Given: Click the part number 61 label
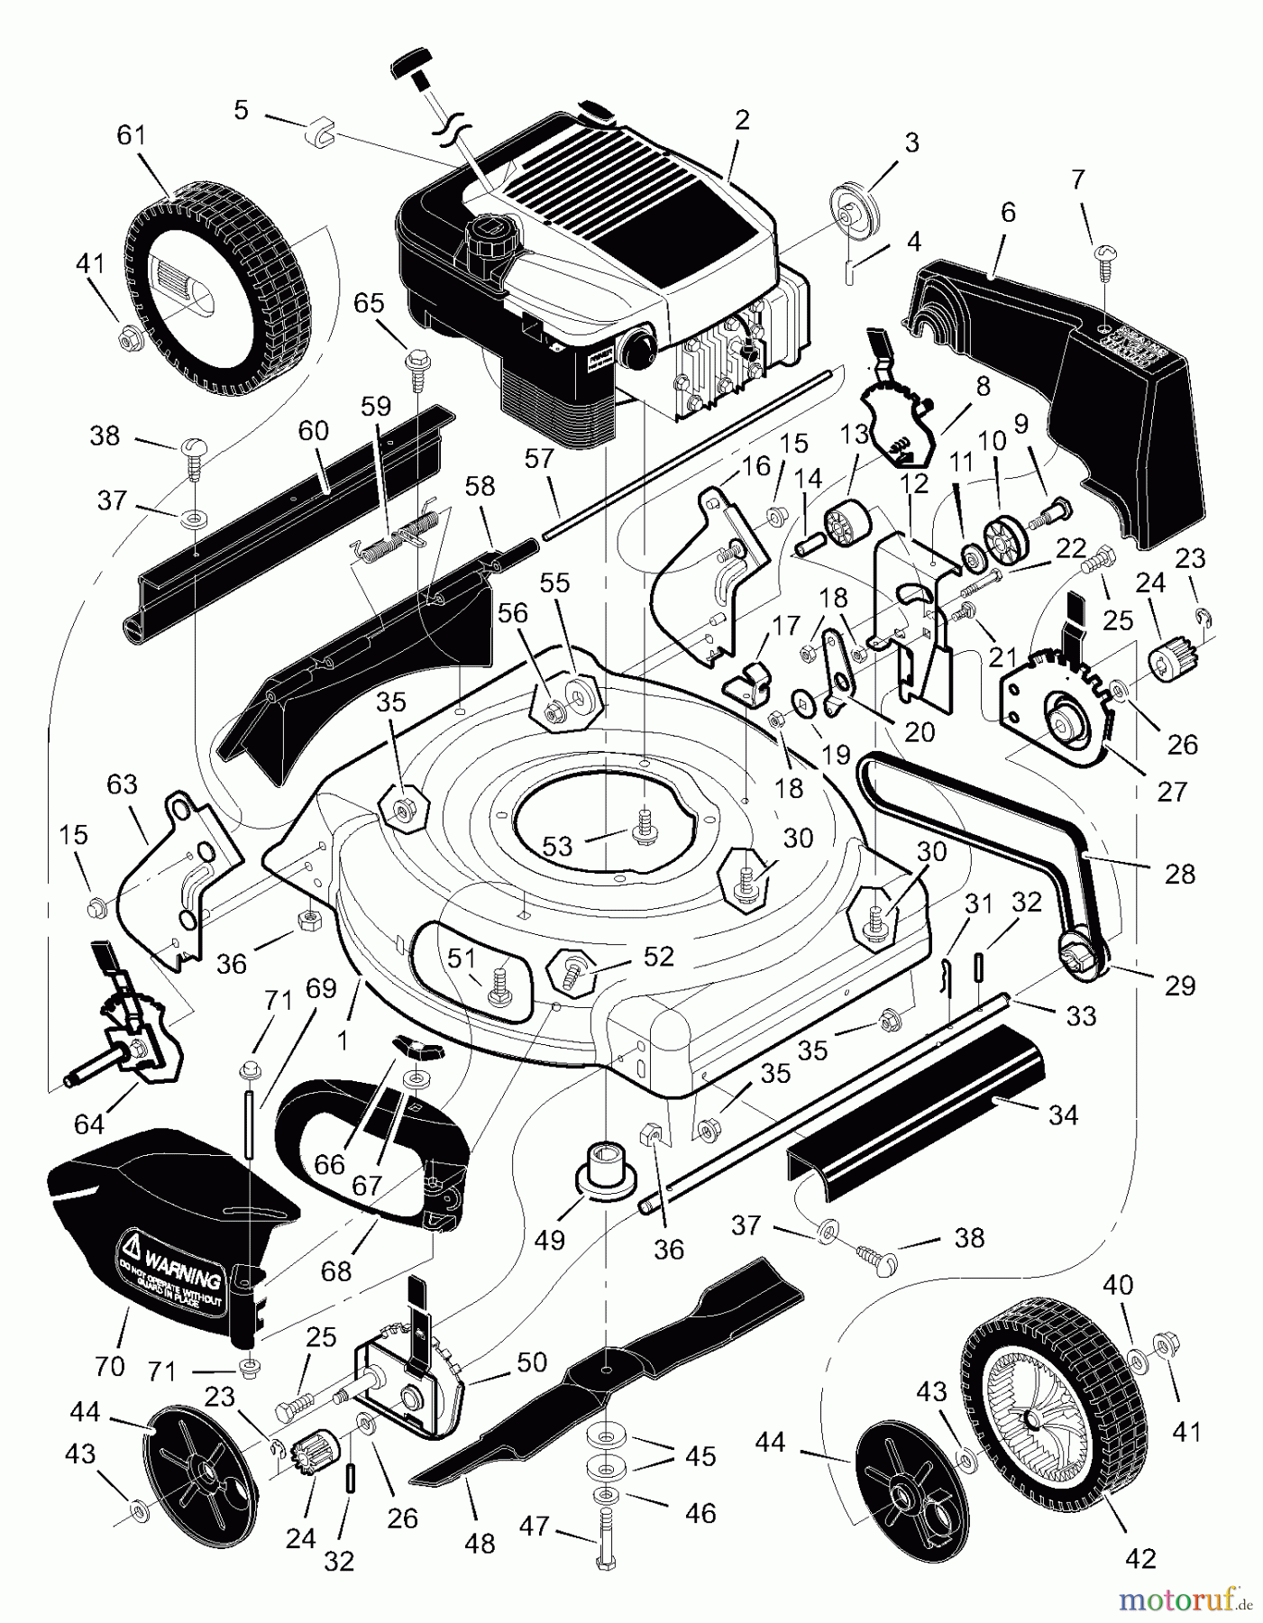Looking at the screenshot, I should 131,135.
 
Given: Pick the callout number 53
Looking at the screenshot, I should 558,846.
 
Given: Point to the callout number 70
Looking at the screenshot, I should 109,1366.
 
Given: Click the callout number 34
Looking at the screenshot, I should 1064,1115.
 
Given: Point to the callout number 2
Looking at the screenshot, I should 742,120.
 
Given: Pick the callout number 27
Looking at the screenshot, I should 1172,791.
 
